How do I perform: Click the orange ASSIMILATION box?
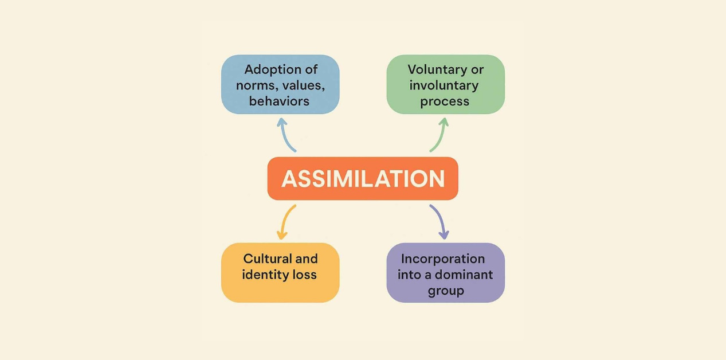(x=363, y=178)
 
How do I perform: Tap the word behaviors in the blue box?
(x=280, y=101)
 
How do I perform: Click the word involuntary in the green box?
(x=444, y=86)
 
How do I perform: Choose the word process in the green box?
(x=445, y=102)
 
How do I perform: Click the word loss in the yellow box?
(x=305, y=275)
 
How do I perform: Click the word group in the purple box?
(x=445, y=291)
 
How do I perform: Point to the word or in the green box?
(x=477, y=70)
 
